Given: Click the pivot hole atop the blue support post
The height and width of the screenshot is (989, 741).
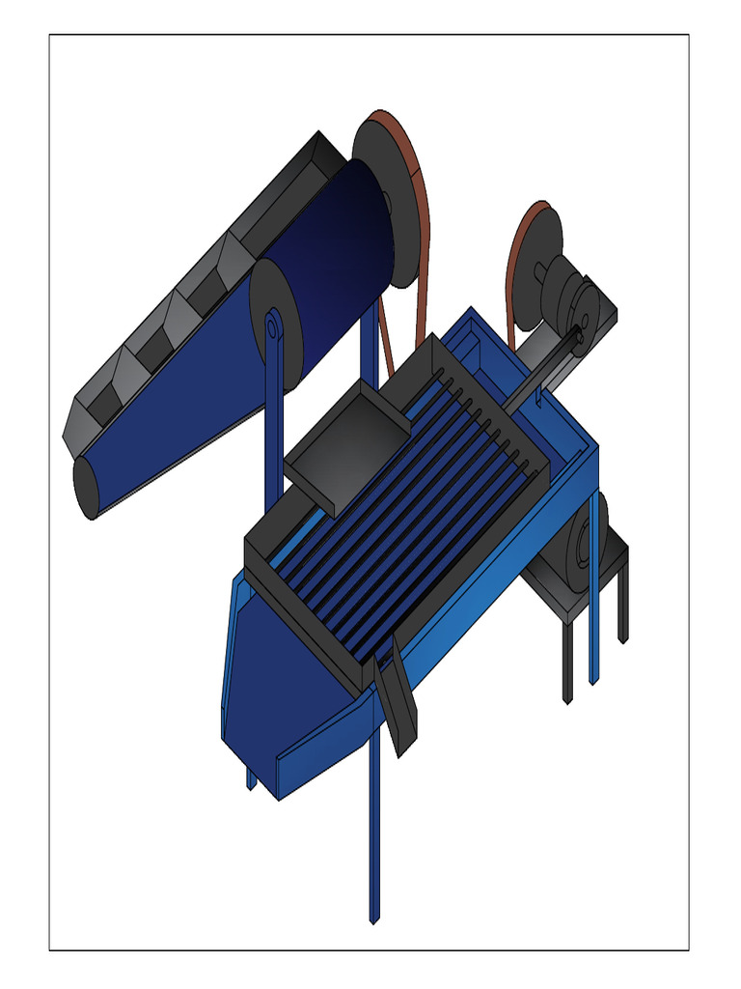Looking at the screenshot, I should click(x=273, y=328).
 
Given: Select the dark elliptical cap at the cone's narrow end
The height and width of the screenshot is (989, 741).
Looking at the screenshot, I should click(x=85, y=487).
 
